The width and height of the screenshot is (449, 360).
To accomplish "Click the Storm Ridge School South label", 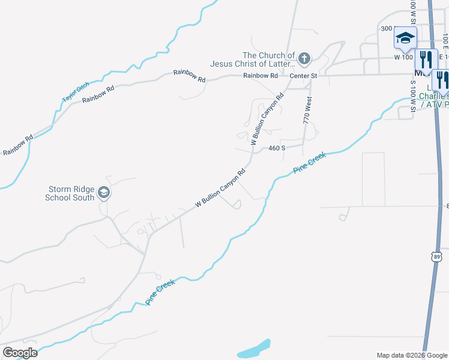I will pyautogui.click(x=70, y=193).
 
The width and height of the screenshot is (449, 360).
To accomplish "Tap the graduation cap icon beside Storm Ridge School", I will pyautogui.click(x=103, y=193).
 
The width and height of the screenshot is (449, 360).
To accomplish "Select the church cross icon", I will pyautogui.click(x=304, y=58).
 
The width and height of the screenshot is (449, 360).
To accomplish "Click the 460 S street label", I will pyautogui.click(x=276, y=148).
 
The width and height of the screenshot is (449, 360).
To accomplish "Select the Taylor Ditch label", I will pyautogui.click(x=71, y=92).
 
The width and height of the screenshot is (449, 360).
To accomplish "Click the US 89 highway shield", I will pyautogui.click(x=437, y=256).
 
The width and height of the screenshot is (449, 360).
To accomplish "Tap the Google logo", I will pyautogui.click(x=20, y=352).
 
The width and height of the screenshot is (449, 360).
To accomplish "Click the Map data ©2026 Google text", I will pyautogui.click(x=412, y=355).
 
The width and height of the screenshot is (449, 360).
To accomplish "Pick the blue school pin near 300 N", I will pyautogui.click(x=405, y=38).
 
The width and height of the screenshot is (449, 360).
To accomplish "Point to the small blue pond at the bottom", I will pyautogui.click(x=253, y=347).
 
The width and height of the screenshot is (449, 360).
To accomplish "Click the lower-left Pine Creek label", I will pyautogui.click(x=160, y=292).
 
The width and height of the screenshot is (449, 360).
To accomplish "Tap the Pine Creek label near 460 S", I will pyautogui.click(x=309, y=163).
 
